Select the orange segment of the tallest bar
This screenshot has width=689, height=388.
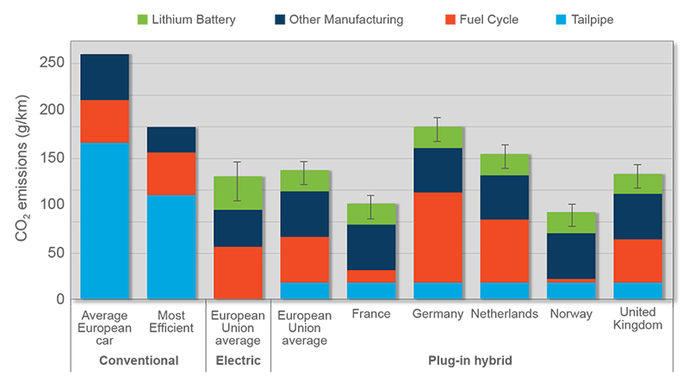pos(104,121)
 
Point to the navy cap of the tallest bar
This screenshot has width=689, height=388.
pos(104,77)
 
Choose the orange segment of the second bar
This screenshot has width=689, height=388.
pos(171,174)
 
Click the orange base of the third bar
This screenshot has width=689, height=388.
pos(238,273)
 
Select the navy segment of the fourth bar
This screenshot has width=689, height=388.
pos(305,214)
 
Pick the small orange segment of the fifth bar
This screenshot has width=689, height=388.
pos(371,276)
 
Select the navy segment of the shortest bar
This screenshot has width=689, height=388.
pos(571,256)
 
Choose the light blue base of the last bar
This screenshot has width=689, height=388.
pos(638,291)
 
